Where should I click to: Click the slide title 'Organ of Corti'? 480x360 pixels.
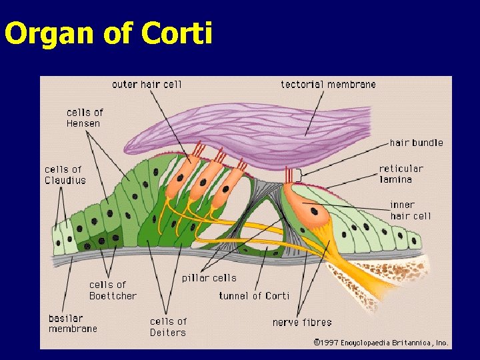click(108, 33)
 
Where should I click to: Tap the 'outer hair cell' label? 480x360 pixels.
click(147, 85)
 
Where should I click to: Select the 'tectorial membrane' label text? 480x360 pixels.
click(328, 85)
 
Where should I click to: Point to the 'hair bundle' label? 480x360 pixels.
click(416, 143)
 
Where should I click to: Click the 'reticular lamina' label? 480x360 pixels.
click(401, 174)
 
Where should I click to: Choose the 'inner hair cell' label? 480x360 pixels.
click(410, 210)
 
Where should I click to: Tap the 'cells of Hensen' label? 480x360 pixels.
click(85, 118)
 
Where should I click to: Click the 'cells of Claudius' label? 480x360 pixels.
click(65, 175)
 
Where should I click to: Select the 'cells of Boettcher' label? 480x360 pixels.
click(113, 290)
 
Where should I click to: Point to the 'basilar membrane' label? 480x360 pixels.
click(73, 323)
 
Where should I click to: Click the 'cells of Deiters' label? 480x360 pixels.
click(168, 327)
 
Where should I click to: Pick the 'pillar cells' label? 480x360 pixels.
click(209, 278)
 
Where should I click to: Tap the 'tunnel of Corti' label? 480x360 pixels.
click(254, 295)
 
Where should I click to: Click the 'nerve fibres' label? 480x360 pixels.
click(302, 322)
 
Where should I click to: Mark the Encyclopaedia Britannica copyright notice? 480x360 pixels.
click(381, 343)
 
